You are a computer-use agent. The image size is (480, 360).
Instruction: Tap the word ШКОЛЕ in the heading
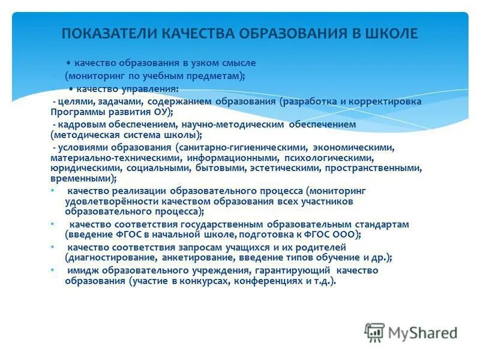(x=390, y=34)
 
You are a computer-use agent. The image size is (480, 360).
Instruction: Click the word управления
(x=152, y=88)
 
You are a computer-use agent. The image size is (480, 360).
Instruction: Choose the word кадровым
(x=79, y=124)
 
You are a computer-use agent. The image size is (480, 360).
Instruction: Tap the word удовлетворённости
(x=104, y=202)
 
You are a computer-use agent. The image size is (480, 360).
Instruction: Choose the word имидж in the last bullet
(x=81, y=271)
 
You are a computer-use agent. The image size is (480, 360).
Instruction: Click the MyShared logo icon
(x=375, y=332)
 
